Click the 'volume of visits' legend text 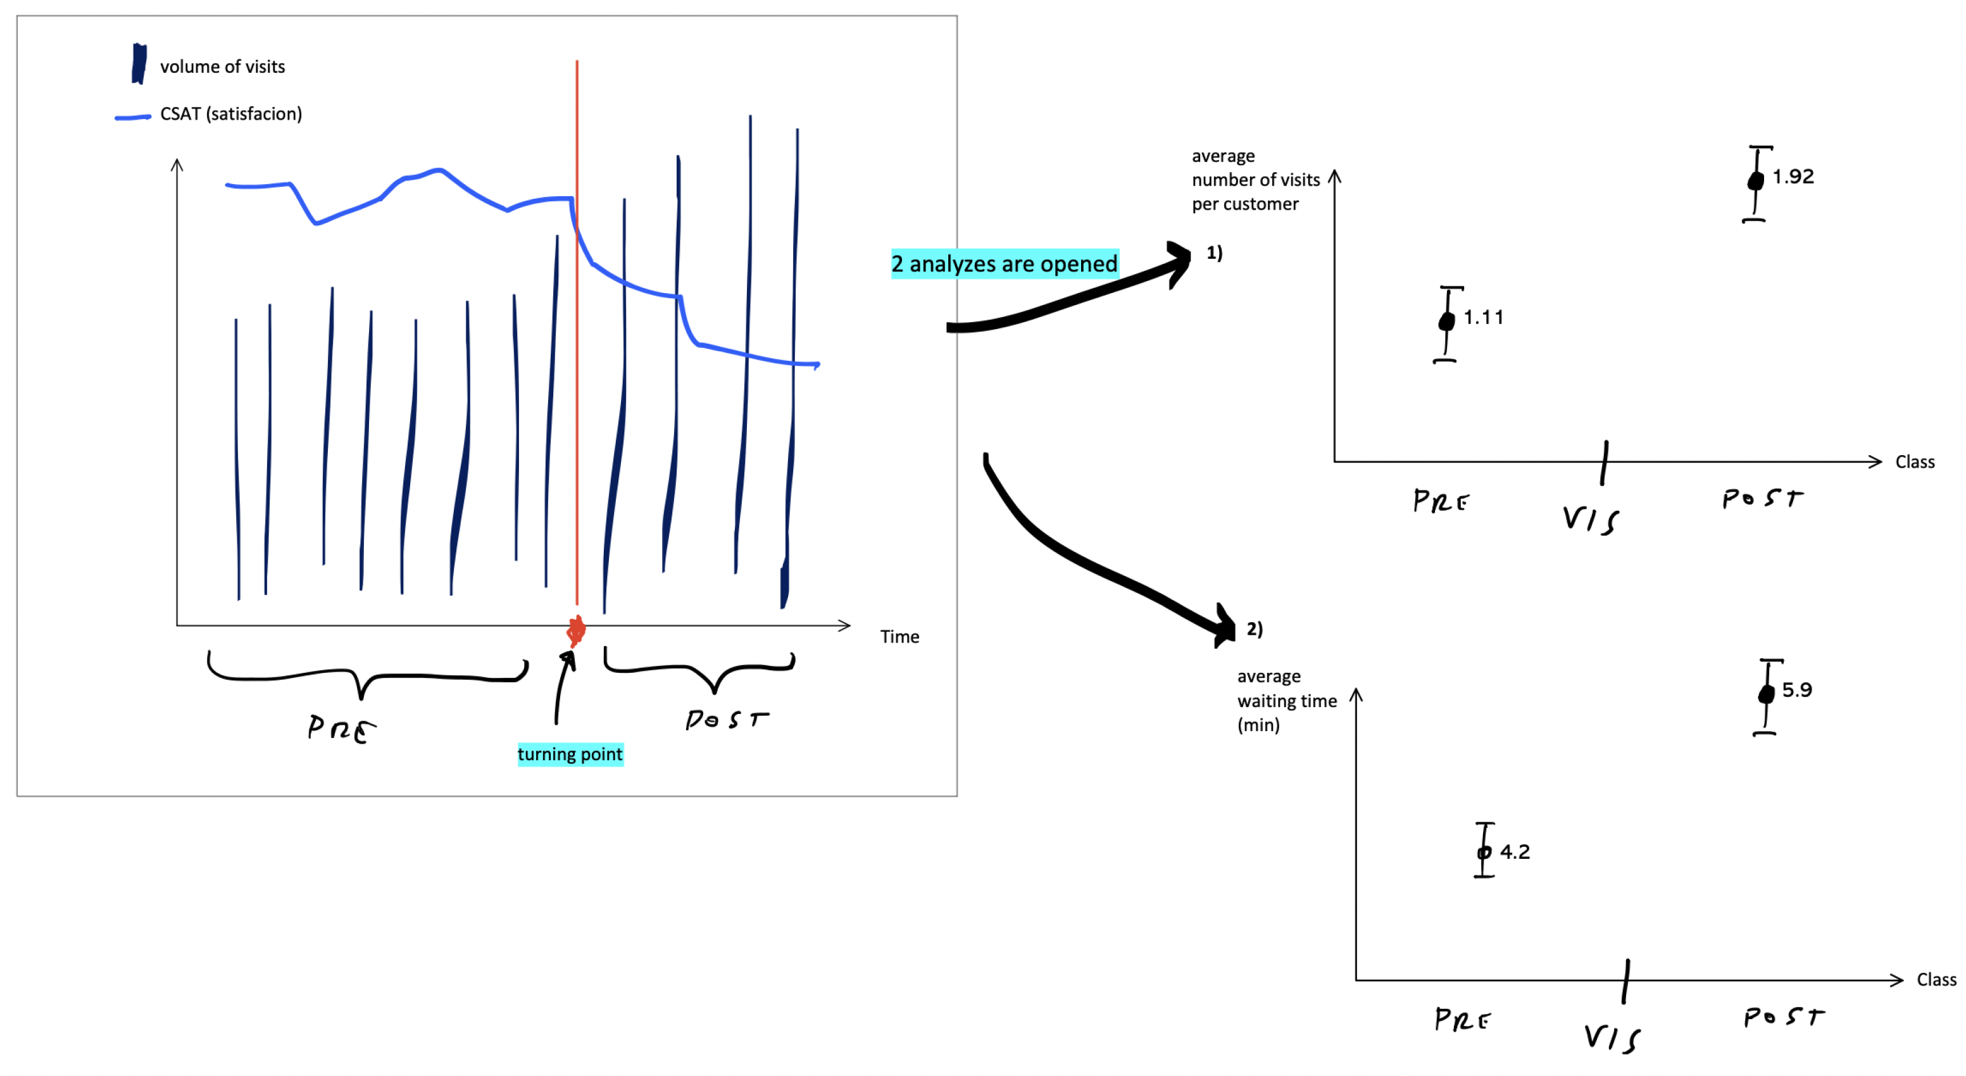coord(222,67)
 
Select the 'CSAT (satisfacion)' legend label coord(230,115)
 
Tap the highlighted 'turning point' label coord(570,754)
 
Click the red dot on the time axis coord(576,630)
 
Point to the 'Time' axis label coord(899,637)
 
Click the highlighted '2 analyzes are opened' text coord(1005,264)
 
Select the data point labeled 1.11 coord(1446,322)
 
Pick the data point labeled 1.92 coord(1755,181)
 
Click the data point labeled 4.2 coord(1484,853)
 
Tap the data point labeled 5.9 coord(1766,694)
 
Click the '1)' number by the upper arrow coord(1214,253)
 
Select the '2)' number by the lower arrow coord(1255,629)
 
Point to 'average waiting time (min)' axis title coord(1286,701)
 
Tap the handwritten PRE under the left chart coord(341,728)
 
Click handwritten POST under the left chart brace coord(726,719)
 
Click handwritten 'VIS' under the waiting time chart coord(1612,1038)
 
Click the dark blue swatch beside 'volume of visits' coord(139,64)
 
